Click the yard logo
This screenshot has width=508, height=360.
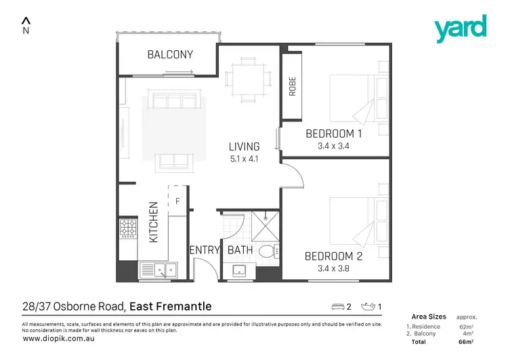point(460,28)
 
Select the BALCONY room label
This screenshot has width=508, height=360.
point(170,55)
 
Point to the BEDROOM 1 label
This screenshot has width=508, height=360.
point(333,134)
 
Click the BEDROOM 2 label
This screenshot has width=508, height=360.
point(338,256)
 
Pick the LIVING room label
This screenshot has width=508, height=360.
point(244,146)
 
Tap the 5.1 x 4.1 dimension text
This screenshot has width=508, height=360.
point(244,159)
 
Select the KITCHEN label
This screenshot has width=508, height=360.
point(153,222)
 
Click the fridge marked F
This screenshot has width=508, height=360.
point(177,201)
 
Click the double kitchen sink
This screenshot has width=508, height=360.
point(157,270)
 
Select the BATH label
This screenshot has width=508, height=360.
point(240,250)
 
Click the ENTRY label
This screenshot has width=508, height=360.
point(205,250)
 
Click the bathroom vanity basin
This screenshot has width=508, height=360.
point(239,271)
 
